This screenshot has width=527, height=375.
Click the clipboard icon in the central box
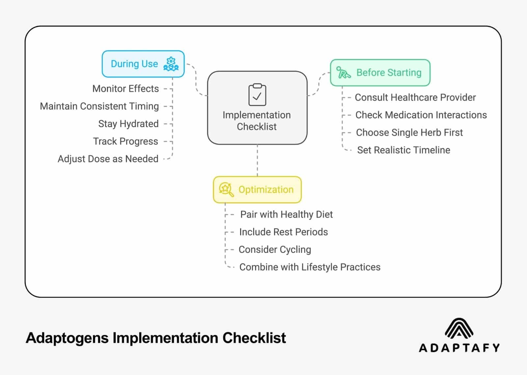[x=257, y=94]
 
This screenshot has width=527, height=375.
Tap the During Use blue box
[x=143, y=64]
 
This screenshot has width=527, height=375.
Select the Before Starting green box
[x=380, y=73]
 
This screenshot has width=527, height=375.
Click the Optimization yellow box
[x=257, y=190]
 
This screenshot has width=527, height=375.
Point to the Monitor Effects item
[x=125, y=89]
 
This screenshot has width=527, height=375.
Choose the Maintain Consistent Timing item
[x=99, y=106]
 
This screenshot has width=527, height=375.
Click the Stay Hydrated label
[x=128, y=124]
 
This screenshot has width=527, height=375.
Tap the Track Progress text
[x=125, y=141]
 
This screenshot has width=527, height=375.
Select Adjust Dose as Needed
[x=108, y=159]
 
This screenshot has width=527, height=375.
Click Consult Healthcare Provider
[x=415, y=97]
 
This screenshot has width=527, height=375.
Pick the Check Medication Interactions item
[x=421, y=115]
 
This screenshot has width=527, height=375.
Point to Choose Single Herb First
[x=409, y=133]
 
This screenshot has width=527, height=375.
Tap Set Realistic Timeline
[x=403, y=150]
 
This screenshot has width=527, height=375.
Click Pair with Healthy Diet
[x=286, y=214]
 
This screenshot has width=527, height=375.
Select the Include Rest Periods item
[x=283, y=232]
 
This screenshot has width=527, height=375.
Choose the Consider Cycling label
[x=275, y=250]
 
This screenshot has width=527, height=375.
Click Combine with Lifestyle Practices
[x=310, y=267]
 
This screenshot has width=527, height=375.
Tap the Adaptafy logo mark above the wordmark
[x=459, y=328]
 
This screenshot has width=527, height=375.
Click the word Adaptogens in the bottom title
[x=67, y=338]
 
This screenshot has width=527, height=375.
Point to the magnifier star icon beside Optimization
[x=226, y=189]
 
